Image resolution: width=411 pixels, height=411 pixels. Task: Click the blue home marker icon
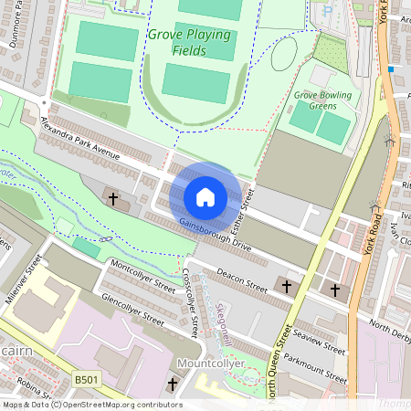pyautogui.click(x=205, y=196)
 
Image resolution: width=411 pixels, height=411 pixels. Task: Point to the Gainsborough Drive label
pyautogui.click(x=215, y=234)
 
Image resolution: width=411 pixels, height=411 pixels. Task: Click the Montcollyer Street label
pyautogui.click(x=142, y=276)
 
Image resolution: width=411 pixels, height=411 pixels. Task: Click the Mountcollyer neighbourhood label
pyautogui.click(x=212, y=364)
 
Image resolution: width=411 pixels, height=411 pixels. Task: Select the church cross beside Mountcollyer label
pyautogui.click(x=174, y=385)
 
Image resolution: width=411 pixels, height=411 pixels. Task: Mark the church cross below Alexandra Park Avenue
pyautogui.click(x=114, y=198)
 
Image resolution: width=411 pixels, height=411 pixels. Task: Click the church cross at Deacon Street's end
pyautogui.click(x=287, y=287)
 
